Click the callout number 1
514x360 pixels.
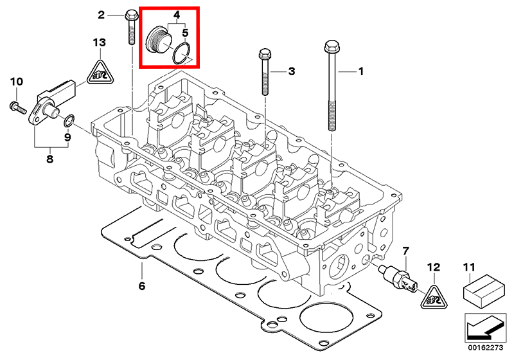pyautogui.click(x=360, y=72)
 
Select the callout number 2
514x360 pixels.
pyautogui.click(x=102, y=14)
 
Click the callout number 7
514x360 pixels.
pyautogui.click(x=405, y=249)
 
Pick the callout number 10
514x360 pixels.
pyautogui.click(x=16, y=82)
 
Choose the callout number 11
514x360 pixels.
pyautogui.click(x=468, y=265)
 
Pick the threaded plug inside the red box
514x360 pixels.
pyautogui.click(x=158, y=40)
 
